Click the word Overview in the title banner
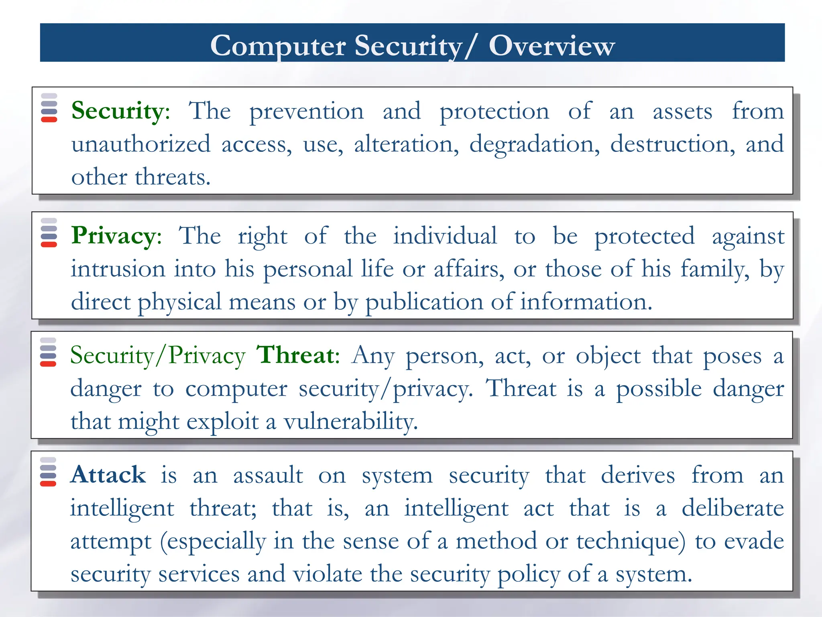click(551, 45)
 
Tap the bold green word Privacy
click(116, 236)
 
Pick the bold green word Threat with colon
click(298, 355)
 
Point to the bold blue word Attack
click(108, 475)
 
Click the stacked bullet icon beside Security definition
click(49, 108)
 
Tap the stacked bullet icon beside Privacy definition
click(49, 233)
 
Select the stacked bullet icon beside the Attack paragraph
click(48, 472)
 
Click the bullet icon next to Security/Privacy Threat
click(48, 352)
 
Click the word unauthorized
click(141, 144)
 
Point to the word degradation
click(534, 144)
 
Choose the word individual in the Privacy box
click(445, 236)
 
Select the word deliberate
click(732, 508)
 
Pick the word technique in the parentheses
click(630, 541)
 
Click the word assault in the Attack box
click(268, 475)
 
